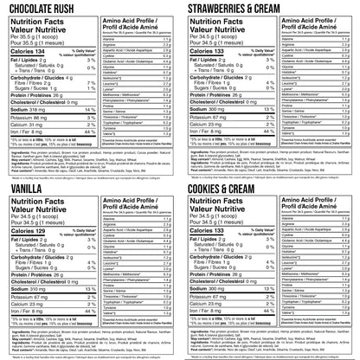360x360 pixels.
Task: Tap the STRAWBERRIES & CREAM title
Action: click(x=239, y=9)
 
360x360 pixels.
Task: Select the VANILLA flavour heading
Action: click(x=28, y=185)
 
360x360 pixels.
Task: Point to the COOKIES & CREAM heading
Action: click(x=231, y=185)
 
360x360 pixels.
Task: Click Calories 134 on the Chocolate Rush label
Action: click(x=28, y=51)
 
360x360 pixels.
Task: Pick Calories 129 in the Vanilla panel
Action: click(x=28, y=228)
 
